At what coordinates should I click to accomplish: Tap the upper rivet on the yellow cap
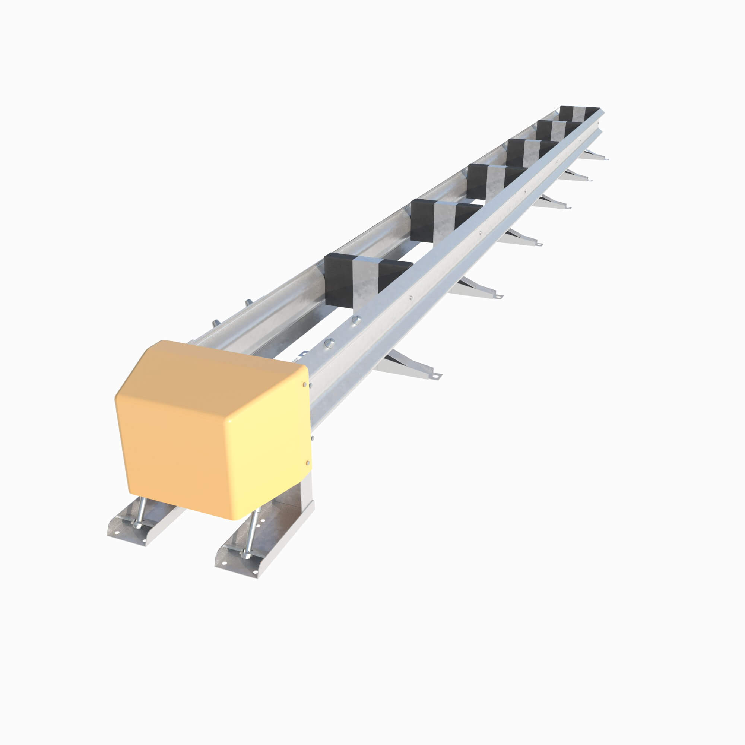click(x=305, y=385)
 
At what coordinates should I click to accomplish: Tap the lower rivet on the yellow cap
click(x=307, y=462)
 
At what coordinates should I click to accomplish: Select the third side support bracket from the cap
click(x=521, y=237)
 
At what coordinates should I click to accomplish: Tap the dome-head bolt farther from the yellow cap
click(x=357, y=319)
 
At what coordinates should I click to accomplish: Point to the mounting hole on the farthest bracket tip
click(x=605, y=158)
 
